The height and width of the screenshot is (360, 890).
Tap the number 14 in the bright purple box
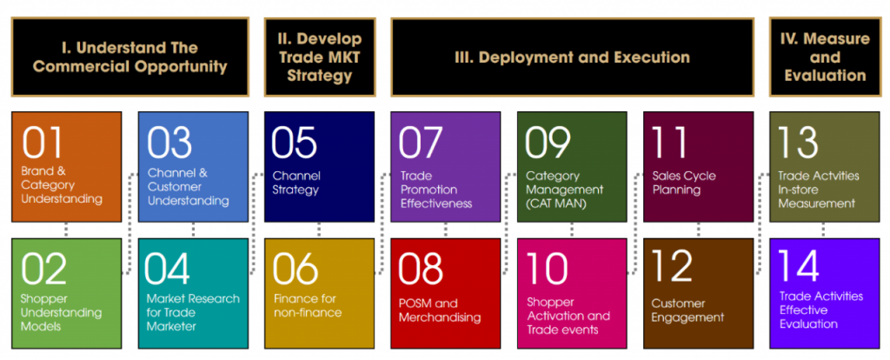tap(798, 266)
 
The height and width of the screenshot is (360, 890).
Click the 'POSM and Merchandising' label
tap(439, 310)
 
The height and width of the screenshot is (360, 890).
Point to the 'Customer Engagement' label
tap(687, 310)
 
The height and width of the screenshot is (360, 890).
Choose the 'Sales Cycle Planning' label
tap(684, 183)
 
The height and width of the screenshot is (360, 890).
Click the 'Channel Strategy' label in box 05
tap(296, 183)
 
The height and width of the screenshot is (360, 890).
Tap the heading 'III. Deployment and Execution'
tap(572, 57)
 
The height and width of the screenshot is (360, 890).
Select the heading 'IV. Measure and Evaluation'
tap(825, 57)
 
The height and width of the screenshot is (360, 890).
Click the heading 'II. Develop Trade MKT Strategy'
tap(320, 57)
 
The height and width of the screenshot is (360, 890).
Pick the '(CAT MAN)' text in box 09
tap(555, 203)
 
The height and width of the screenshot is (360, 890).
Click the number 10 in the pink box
tap(548, 269)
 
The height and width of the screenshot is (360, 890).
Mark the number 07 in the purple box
tap(420, 142)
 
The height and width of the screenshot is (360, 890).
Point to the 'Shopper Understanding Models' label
tap(62, 312)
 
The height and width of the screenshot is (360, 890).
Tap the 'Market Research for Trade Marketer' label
tap(193, 312)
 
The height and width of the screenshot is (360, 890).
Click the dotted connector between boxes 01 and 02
tap(66, 230)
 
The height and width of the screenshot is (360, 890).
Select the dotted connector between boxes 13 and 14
tap(824, 230)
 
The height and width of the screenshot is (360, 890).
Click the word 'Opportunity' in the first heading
tap(181, 67)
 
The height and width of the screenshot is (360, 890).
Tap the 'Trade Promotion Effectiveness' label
tap(436, 189)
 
